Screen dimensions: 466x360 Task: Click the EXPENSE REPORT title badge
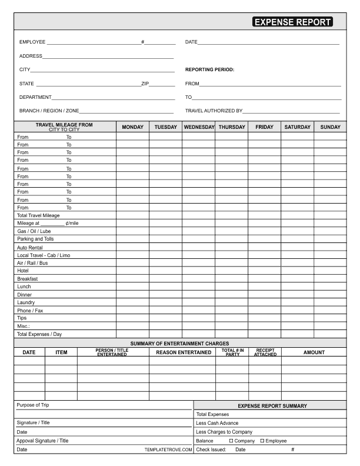tap(292, 22)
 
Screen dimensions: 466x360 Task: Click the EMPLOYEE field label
tap(32, 42)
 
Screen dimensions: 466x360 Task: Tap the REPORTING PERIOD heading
tap(209, 69)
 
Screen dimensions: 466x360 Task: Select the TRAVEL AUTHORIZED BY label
tap(214, 111)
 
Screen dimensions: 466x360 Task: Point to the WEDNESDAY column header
tap(199, 127)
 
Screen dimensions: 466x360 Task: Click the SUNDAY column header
tap(330, 127)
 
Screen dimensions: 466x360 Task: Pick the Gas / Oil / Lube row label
tap(34, 231)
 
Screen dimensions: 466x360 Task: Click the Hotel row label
tap(23, 271)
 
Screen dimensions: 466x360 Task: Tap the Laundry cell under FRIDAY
tap(264, 302)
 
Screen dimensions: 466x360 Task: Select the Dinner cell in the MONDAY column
tap(132, 295)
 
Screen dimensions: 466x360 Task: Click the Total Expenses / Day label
tap(39, 334)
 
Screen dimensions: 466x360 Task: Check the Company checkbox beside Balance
tap(231, 441)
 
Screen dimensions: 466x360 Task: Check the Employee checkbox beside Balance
tap(262, 441)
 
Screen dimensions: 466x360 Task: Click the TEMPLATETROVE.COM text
tap(168, 450)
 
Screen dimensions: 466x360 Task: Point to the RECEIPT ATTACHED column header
tap(265, 352)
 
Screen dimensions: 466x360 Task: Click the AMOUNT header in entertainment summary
tap(314, 352)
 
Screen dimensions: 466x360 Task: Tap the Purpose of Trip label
tap(33, 405)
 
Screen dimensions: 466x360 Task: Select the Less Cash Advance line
tap(217, 423)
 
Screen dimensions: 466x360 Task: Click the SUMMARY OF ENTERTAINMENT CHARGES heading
tap(179, 344)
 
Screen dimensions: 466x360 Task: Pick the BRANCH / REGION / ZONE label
tap(49, 111)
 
